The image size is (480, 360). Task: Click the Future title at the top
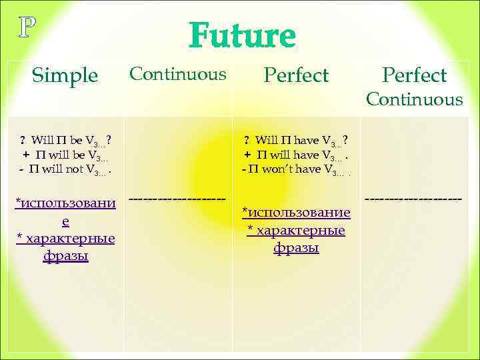tap(242, 36)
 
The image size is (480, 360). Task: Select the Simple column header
tap(65, 76)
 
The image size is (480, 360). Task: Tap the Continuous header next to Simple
tap(177, 73)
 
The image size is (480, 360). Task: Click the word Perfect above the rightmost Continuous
tap(413, 76)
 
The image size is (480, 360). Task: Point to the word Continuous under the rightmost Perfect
tap(413, 100)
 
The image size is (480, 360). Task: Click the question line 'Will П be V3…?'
tap(65, 141)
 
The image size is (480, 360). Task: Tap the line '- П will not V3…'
tap(65, 170)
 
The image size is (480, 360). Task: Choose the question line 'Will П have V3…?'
tap(296, 141)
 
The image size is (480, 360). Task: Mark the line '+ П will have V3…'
tap(296, 156)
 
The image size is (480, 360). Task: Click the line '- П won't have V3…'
tap(296, 170)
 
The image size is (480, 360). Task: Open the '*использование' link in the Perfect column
tap(296, 212)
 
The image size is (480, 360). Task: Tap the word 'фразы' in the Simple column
tap(65, 256)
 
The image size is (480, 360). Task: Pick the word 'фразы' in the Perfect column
tap(296, 248)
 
